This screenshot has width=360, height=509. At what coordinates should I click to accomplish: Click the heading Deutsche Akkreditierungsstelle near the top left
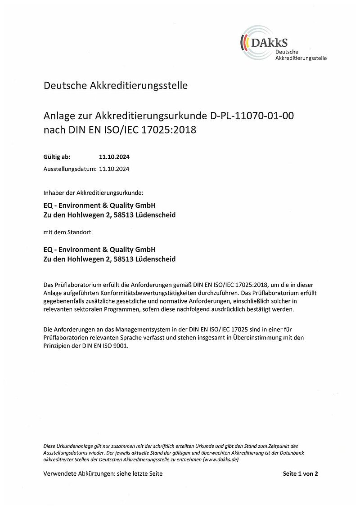pos(116,85)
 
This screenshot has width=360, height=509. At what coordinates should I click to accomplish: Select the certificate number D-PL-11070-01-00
pos(252,116)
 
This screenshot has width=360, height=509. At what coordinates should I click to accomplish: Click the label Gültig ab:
pos(57,157)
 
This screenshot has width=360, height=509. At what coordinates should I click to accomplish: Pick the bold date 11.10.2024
pos(114,157)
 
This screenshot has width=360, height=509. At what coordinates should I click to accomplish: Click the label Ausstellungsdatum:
pos(70,169)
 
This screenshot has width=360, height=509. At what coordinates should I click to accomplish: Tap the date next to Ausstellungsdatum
pos(114,169)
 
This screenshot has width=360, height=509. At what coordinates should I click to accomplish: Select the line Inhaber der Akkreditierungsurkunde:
pos(93,193)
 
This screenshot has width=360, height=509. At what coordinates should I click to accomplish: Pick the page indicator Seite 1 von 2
pos(301,473)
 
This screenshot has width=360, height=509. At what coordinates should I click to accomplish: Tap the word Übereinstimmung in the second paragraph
pos(253,338)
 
